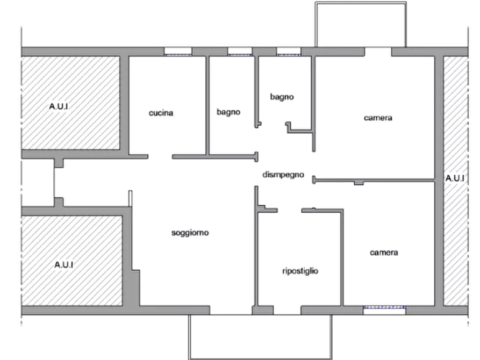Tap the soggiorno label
tap(190, 233)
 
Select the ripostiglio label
tap(300, 272)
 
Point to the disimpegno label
tap(283, 175)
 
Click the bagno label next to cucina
tap(228, 112)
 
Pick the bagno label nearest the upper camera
tap(282, 97)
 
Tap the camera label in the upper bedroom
tap(378, 118)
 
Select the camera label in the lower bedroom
tap(384, 252)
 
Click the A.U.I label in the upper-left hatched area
tap(59, 107)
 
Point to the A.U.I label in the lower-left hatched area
tap(64, 265)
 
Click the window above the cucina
tap(178, 52)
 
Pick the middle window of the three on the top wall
tap(239, 52)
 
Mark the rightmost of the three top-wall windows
tap(289, 52)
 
